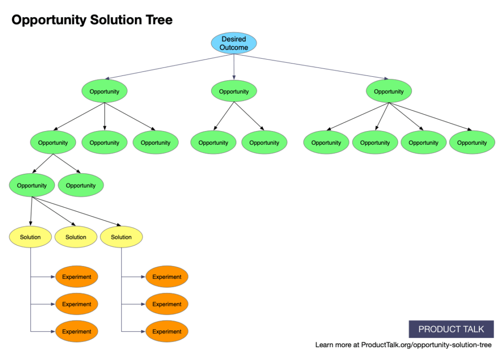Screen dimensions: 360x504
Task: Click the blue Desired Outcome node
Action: click(x=234, y=43)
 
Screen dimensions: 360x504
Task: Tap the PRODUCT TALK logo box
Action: click(x=451, y=329)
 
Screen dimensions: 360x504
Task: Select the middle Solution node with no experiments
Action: click(x=76, y=237)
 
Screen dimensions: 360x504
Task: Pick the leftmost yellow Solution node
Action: click(x=31, y=237)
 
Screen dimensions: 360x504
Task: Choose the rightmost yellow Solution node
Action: click(x=121, y=237)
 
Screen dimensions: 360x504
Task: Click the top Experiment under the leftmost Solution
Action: click(x=77, y=277)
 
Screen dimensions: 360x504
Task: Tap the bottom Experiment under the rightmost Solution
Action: click(x=167, y=331)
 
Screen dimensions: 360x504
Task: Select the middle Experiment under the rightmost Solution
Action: click(x=167, y=304)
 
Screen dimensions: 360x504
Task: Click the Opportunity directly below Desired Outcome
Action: click(x=234, y=92)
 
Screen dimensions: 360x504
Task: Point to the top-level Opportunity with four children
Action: click(x=388, y=92)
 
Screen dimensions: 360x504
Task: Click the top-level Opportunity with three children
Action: click(x=104, y=92)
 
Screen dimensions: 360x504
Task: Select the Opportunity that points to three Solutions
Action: click(x=31, y=186)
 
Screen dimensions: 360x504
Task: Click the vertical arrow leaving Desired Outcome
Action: click(x=234, y=66)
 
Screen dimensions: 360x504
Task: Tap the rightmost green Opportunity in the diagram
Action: click(x=472, y=143)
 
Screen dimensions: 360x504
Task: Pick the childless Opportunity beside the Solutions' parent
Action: click(x=81, y=186)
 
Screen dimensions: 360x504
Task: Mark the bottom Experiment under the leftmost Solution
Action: click(x=77, y=331)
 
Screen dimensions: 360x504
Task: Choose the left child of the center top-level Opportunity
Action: click(x=213, y=143)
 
